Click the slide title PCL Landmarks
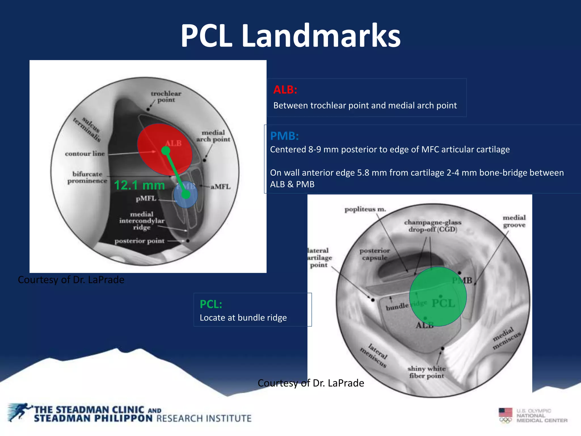click(290, 36)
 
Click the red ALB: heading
click(285, 90)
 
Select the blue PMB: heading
click(284, 136)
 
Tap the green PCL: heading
click(211, 304)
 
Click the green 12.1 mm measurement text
click(139, 185)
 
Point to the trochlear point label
click(166, 97)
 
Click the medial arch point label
click(213, 136)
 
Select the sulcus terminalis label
click(87, 129)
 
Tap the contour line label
click(85, 154)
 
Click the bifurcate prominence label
click(87, 177)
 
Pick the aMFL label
click(220, 186)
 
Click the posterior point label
click(139, 241)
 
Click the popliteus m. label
click(365, 209)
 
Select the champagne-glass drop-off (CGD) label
click(433, 226)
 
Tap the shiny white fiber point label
click(426, 372)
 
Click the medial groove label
click(514, 221)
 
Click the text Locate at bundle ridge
click(243, 318)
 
